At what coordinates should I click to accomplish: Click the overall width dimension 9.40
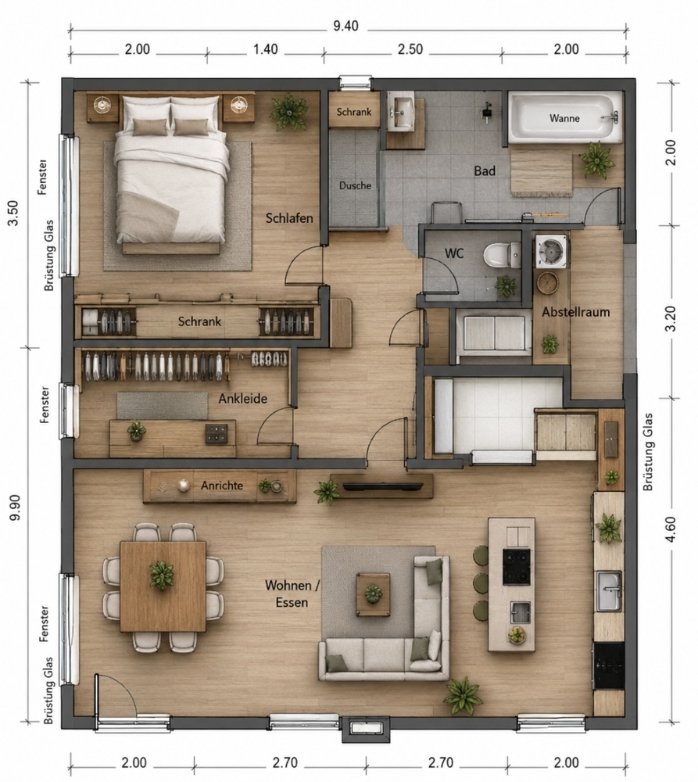click(x=345, y=26)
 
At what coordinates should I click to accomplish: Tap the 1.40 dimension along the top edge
click(x=265, y=49)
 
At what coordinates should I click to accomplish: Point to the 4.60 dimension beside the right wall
click(x=671, y=529)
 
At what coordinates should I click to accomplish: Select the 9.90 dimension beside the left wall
click(x=14, y=508)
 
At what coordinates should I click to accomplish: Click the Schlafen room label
click(x=289, y=218)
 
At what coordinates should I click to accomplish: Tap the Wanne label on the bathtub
click(x=564, y=118)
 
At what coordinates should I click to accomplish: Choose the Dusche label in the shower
click(x=355, y=185)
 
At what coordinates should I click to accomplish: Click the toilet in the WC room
click(x=502, y=254)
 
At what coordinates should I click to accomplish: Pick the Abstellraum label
click(x=576, y=312)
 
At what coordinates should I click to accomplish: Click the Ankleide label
click(x=243, y=399)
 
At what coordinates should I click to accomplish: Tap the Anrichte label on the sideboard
click(x=222, y=486)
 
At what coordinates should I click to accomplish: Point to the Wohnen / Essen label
click(x=292, y=594)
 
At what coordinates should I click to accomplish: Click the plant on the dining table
click(x=162, y=575)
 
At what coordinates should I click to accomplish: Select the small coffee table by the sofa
click(x=373, y=594)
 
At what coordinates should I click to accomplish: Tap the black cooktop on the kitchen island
click(x=516, y=566)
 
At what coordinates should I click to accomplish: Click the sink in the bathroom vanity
click(x=401, y=111)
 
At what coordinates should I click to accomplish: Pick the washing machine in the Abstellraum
click(x=551, y=251)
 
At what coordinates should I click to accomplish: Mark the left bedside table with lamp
click(x=102, y=107)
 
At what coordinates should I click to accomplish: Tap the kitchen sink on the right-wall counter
click(x=609, y=591)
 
